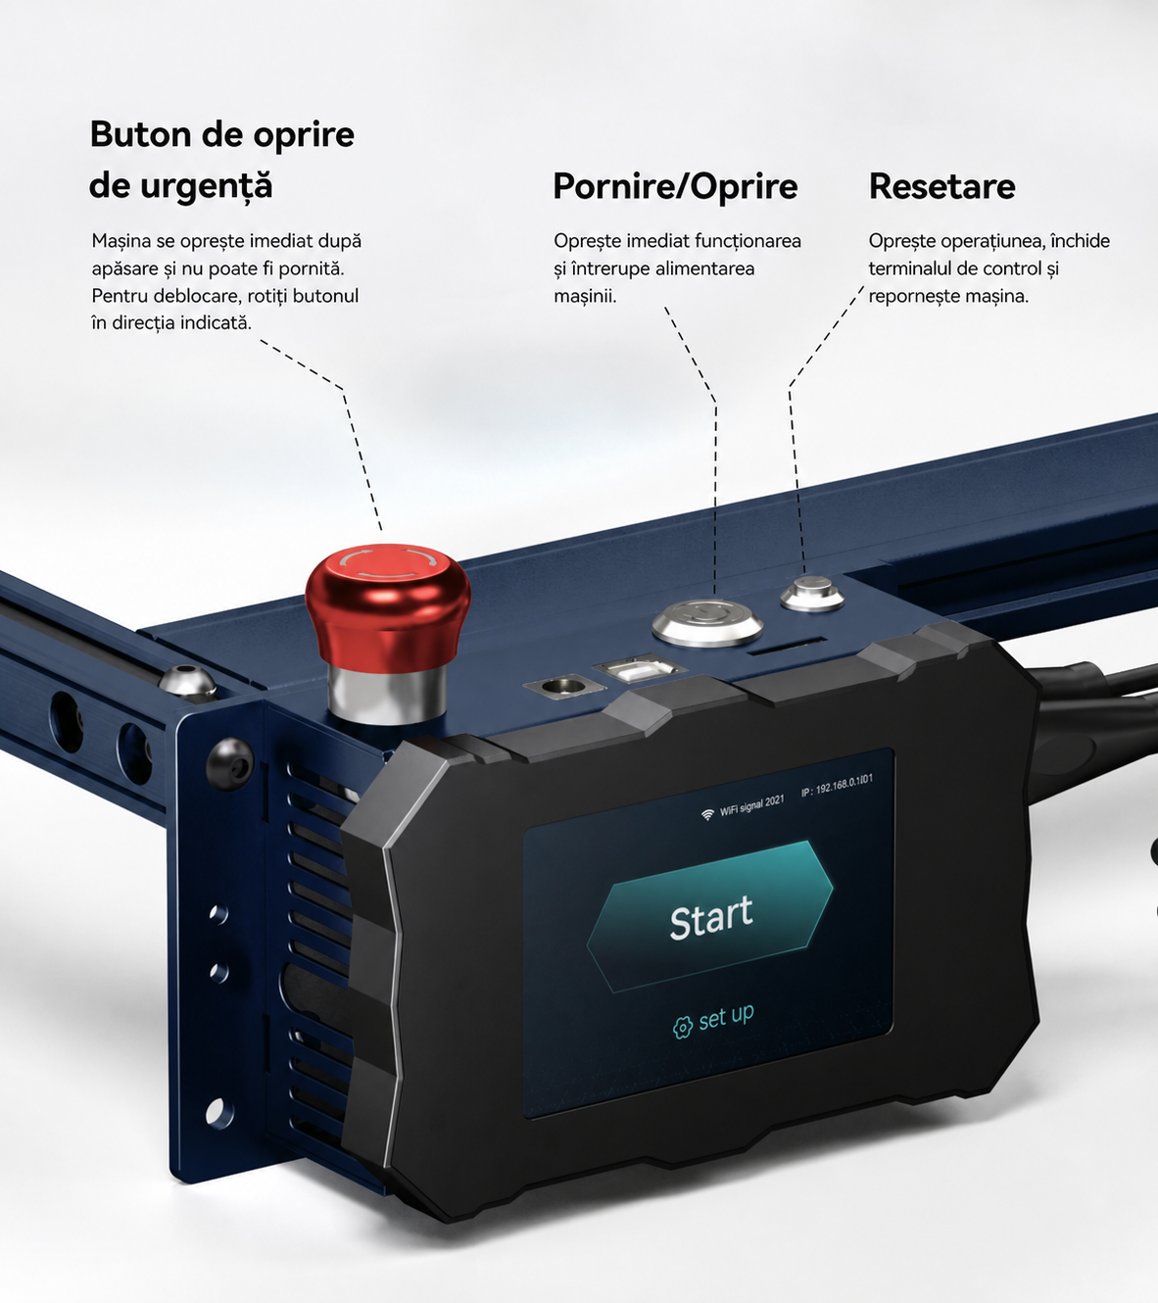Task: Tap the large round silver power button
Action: [x=707, y=621]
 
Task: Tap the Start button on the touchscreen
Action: [x=710, y=916]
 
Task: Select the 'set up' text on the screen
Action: [x=726, y=1017]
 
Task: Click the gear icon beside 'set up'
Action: [x=682, y=1027]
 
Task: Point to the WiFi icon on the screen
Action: [x=707, y=815]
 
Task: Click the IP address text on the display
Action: [x=837, y=786]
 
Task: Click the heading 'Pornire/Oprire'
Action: [x=676, y=186]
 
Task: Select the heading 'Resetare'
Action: [x=941, y=186]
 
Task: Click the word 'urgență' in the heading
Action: [x=206, y=187]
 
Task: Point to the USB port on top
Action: [x=638, y=669]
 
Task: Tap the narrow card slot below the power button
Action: [x=786, y=646]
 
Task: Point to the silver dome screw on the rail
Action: [x=187, y=681]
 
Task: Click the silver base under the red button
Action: [x=387, y=695]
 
